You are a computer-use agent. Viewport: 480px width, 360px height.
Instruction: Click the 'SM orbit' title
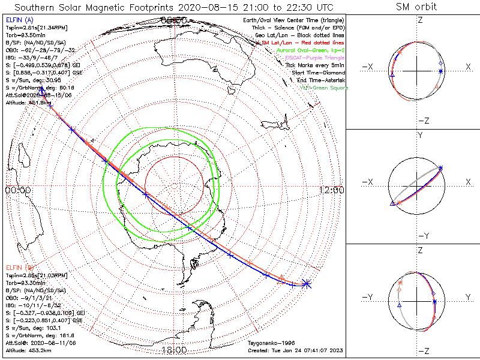pyautogui.click(x=416, y=7)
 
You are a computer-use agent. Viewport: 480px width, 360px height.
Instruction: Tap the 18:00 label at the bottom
pyautogui.click(x=174, y=350)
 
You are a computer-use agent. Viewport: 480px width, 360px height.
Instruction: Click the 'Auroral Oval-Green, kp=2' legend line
pyautogui.click(x=310, y=50)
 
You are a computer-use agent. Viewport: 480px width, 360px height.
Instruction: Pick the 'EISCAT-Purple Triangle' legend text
pyautogui.click(x=314, y=58)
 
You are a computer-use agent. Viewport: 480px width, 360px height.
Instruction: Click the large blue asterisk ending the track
pyautogui.click(x=307, y=283)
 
